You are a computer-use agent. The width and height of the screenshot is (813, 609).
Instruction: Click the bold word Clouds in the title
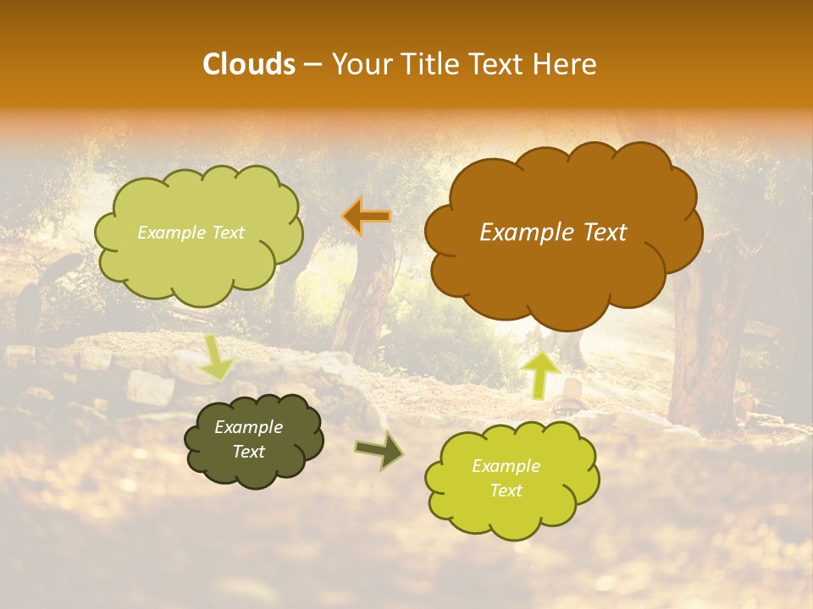(x=249, y=64)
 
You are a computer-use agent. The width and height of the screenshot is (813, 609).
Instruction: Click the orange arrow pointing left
(x=367, y=217)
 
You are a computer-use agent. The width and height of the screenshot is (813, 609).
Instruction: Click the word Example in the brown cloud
(x=518, y=232)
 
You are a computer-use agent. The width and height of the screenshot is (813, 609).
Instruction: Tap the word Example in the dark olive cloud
(x=248, y=427)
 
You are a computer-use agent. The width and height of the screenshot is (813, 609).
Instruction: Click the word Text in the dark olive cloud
(x=248, y=452)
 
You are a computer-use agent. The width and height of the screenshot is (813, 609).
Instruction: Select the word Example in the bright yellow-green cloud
(x=506, y=466)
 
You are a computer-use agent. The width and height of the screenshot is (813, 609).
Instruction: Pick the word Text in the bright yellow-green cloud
(x=506, y=491)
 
